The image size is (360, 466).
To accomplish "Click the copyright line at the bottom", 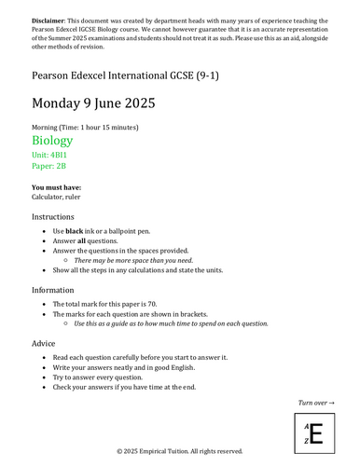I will tap(180, 451).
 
